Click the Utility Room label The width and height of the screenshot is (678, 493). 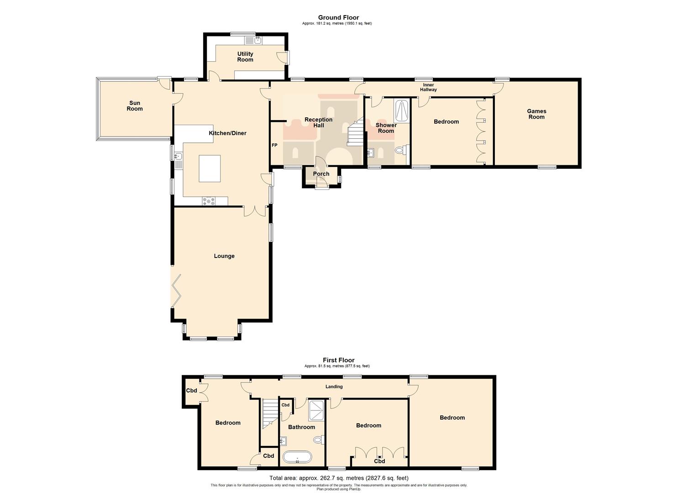click(245, 57)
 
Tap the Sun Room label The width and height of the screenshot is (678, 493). click(135, 106)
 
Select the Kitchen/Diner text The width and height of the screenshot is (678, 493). click(227, 133)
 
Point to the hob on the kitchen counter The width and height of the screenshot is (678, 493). click(209, 200)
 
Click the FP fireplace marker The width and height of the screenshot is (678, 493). click(274, 146)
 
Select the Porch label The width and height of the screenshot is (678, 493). click(321, 174)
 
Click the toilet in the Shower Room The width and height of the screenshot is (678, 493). click(401, 149)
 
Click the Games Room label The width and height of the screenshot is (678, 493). click(536, 114)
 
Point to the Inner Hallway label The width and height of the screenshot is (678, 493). click(428, 87)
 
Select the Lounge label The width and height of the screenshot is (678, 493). click(224, 256)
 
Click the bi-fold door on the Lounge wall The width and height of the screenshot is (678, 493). click(176, 291)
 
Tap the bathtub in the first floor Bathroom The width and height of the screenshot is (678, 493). click(297, 457)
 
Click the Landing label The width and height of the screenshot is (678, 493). click(334, 387)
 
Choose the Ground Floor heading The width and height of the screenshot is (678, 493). click(338, 18)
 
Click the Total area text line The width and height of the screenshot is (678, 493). click(338, 478)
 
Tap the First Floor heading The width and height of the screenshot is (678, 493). click(338, 360)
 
